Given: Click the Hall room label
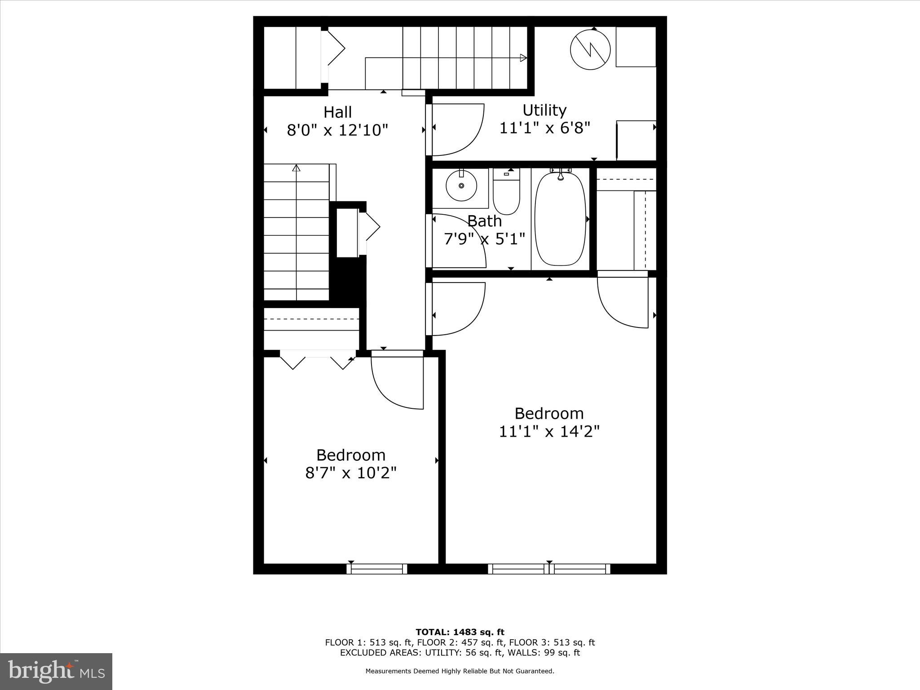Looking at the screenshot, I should pyautogui.click(x=338, y=112).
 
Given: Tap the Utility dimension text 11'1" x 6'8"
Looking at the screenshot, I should pyautogui.click(x=544, y=128).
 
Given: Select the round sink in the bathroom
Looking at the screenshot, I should pyautogui.click(x=461, y=186).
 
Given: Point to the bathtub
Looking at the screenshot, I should pyautogui.click(x=561, y=219).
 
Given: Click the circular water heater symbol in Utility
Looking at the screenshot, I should pyautogui.click(x=590, y=49).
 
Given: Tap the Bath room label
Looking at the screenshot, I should pyautogui.click(x=484, y=221).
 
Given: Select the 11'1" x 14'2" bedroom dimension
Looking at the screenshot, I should pyautogui.click(x=549, y=432).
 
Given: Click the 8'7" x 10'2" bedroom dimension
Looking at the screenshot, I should pyautogui.click(x=351, y=473).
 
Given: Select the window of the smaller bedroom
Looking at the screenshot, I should pyautogui.click(x=377, y=569).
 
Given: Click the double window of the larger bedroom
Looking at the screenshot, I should pyautogui.click(x=549, y=569).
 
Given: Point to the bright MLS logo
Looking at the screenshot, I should pyautogui.click(x=56, y=671).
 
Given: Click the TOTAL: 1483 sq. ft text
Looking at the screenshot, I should pyautogui.click(x=460, y=632).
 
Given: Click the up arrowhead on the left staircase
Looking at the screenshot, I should pyautogui.click(x=296, y=168).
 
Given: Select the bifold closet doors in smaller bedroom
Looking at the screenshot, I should pyautogui.click(x=318, y=360).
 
